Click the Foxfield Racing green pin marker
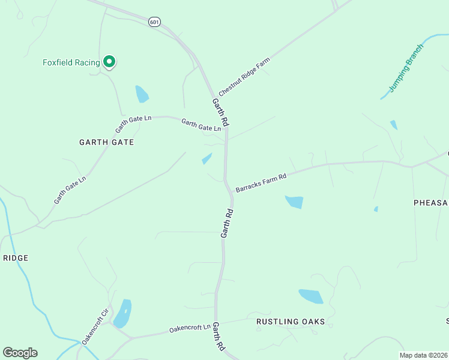(x=109, y=61)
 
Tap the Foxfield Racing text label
(x=71, y=62)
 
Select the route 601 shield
(x=155, y=22)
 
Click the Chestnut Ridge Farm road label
(x=244, y=77)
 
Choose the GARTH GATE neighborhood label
(x=106, y=142)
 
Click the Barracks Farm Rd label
(x=261, y=183)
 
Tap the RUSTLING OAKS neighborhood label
(x=291, y=322)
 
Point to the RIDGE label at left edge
(x=16, y=258)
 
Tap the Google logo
(x=20, y=353)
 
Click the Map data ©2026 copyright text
(x=423, y=355)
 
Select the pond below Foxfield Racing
(x=142, y=94)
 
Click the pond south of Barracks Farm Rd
(x=294, y=202)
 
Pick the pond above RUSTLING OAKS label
(x=311, y=296)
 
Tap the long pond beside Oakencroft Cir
(x=123, y=313)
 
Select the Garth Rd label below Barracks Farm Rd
(x=226, y=223)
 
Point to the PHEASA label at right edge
(x=431, y=203)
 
